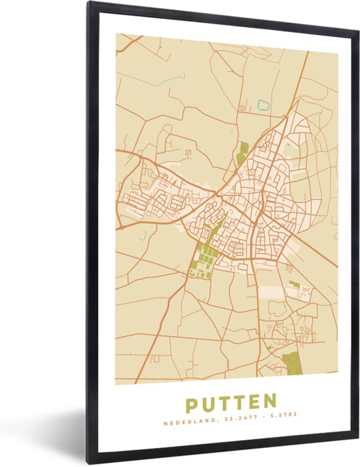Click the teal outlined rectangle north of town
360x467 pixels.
pos(264,105)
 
